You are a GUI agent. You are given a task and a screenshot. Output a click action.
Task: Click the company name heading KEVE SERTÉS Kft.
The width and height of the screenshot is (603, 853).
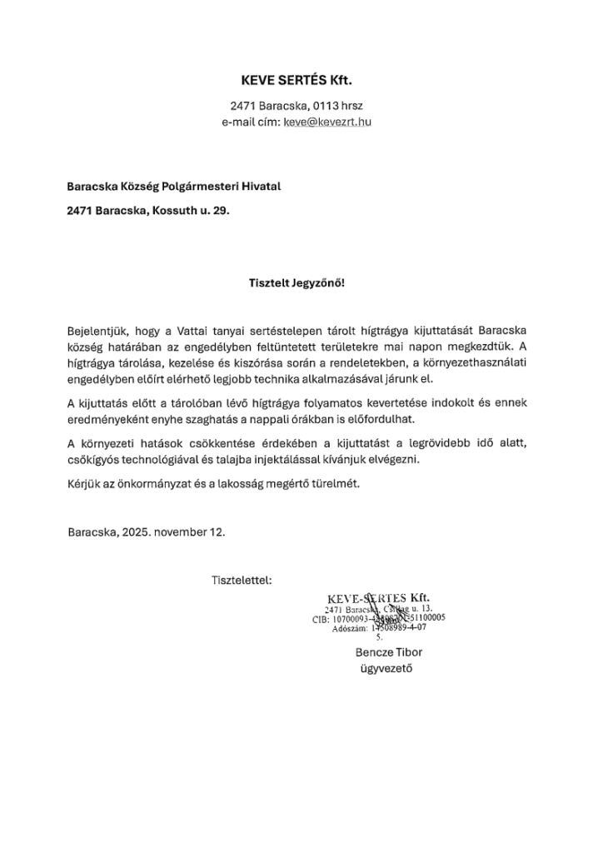(297, 81)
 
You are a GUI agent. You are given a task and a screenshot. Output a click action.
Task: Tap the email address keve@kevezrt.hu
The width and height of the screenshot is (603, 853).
(327, 122)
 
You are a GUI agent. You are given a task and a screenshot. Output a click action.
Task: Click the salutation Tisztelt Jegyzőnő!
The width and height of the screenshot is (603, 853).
(297, 282)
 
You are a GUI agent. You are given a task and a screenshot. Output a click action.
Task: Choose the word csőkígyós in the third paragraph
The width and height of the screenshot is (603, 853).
(97, 459)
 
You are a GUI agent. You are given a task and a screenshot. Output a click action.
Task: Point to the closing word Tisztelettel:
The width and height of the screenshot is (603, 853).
(242, 579)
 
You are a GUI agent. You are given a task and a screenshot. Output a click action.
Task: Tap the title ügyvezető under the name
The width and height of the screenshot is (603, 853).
(385, 668)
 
